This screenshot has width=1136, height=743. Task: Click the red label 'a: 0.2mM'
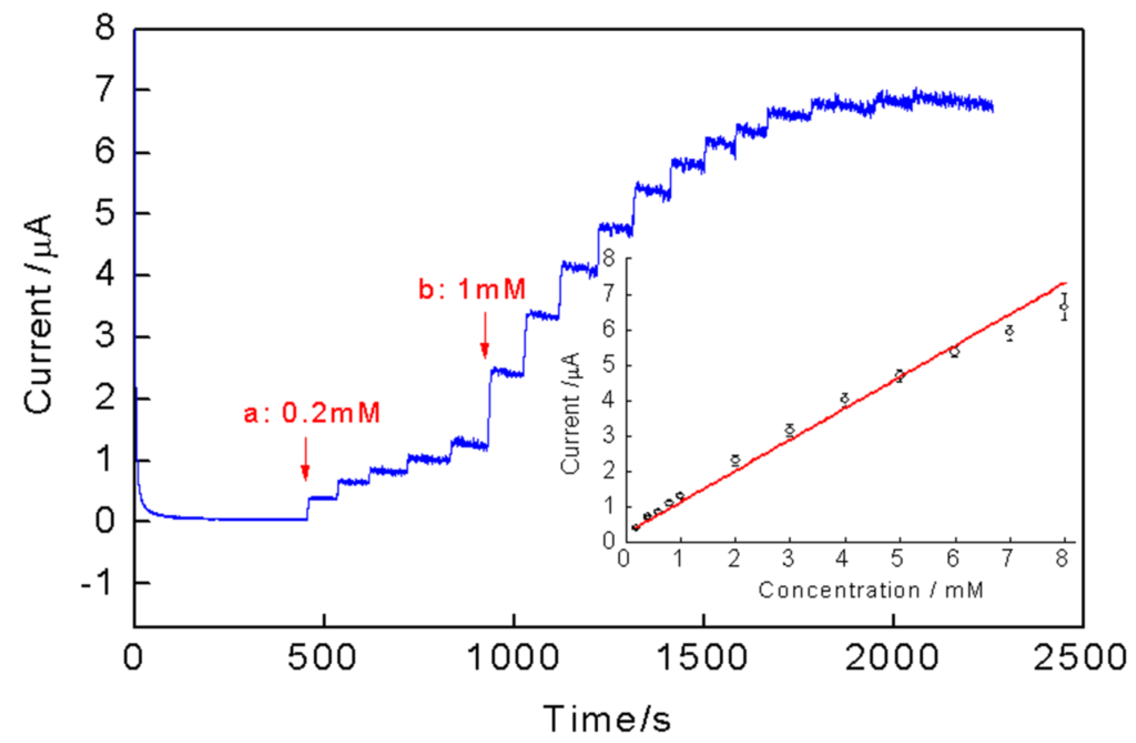coord(312,413)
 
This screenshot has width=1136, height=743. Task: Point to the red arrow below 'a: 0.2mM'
coord(305,459)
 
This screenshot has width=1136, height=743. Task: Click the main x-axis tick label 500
coord(323,658)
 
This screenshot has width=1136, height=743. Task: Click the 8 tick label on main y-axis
coord(105,28)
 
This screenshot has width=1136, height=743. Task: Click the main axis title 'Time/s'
coord(607,719)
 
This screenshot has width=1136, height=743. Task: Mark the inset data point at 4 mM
coord(845,399)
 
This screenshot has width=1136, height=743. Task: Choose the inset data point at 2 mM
coord(735,460)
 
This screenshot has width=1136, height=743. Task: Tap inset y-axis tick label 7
coord(608,295)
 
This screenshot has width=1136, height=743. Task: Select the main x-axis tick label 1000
coord(512,658)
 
